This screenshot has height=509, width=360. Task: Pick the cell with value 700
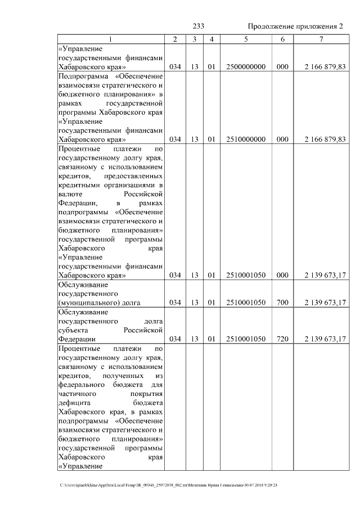(282, 303)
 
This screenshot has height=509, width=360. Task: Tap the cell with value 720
(282, 339)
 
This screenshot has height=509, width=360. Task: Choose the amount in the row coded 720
(325, 339)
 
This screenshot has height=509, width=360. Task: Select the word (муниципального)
(85, 303)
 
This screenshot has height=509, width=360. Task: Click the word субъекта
(74, 330)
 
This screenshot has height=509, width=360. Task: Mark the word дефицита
(74, 403)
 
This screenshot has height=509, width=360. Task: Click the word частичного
(77, 394)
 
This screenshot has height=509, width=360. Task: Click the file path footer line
(169, 485)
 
